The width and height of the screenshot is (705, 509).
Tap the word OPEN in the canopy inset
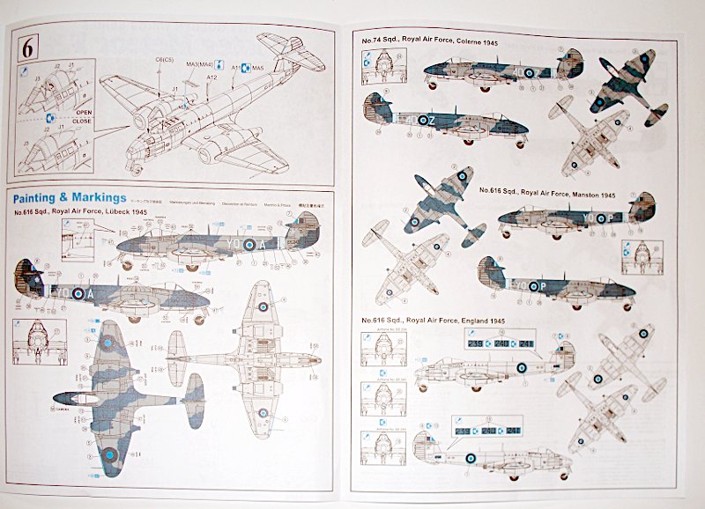click(x=84, y=113)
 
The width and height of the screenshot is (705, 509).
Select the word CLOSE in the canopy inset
click(x=84, y=123)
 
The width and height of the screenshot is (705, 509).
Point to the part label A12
click(x=211, y=79)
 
